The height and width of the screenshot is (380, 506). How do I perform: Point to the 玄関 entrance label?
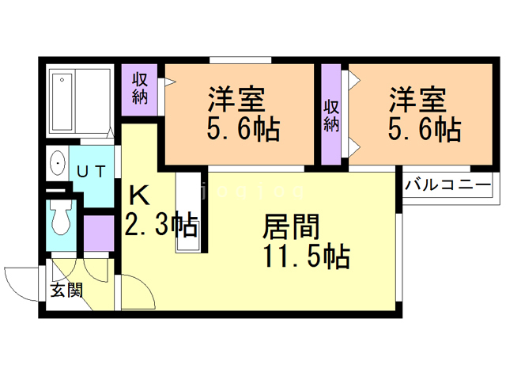66,291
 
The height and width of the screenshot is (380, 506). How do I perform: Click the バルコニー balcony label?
447,186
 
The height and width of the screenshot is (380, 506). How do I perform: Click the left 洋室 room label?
236,100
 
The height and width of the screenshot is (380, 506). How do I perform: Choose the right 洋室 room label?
417,100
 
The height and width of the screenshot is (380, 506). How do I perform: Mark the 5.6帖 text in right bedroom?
424,128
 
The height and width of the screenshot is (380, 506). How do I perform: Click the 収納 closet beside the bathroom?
141,88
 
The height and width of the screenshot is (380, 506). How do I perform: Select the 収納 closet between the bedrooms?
332,115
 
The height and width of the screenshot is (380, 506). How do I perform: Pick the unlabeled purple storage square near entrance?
99,234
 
